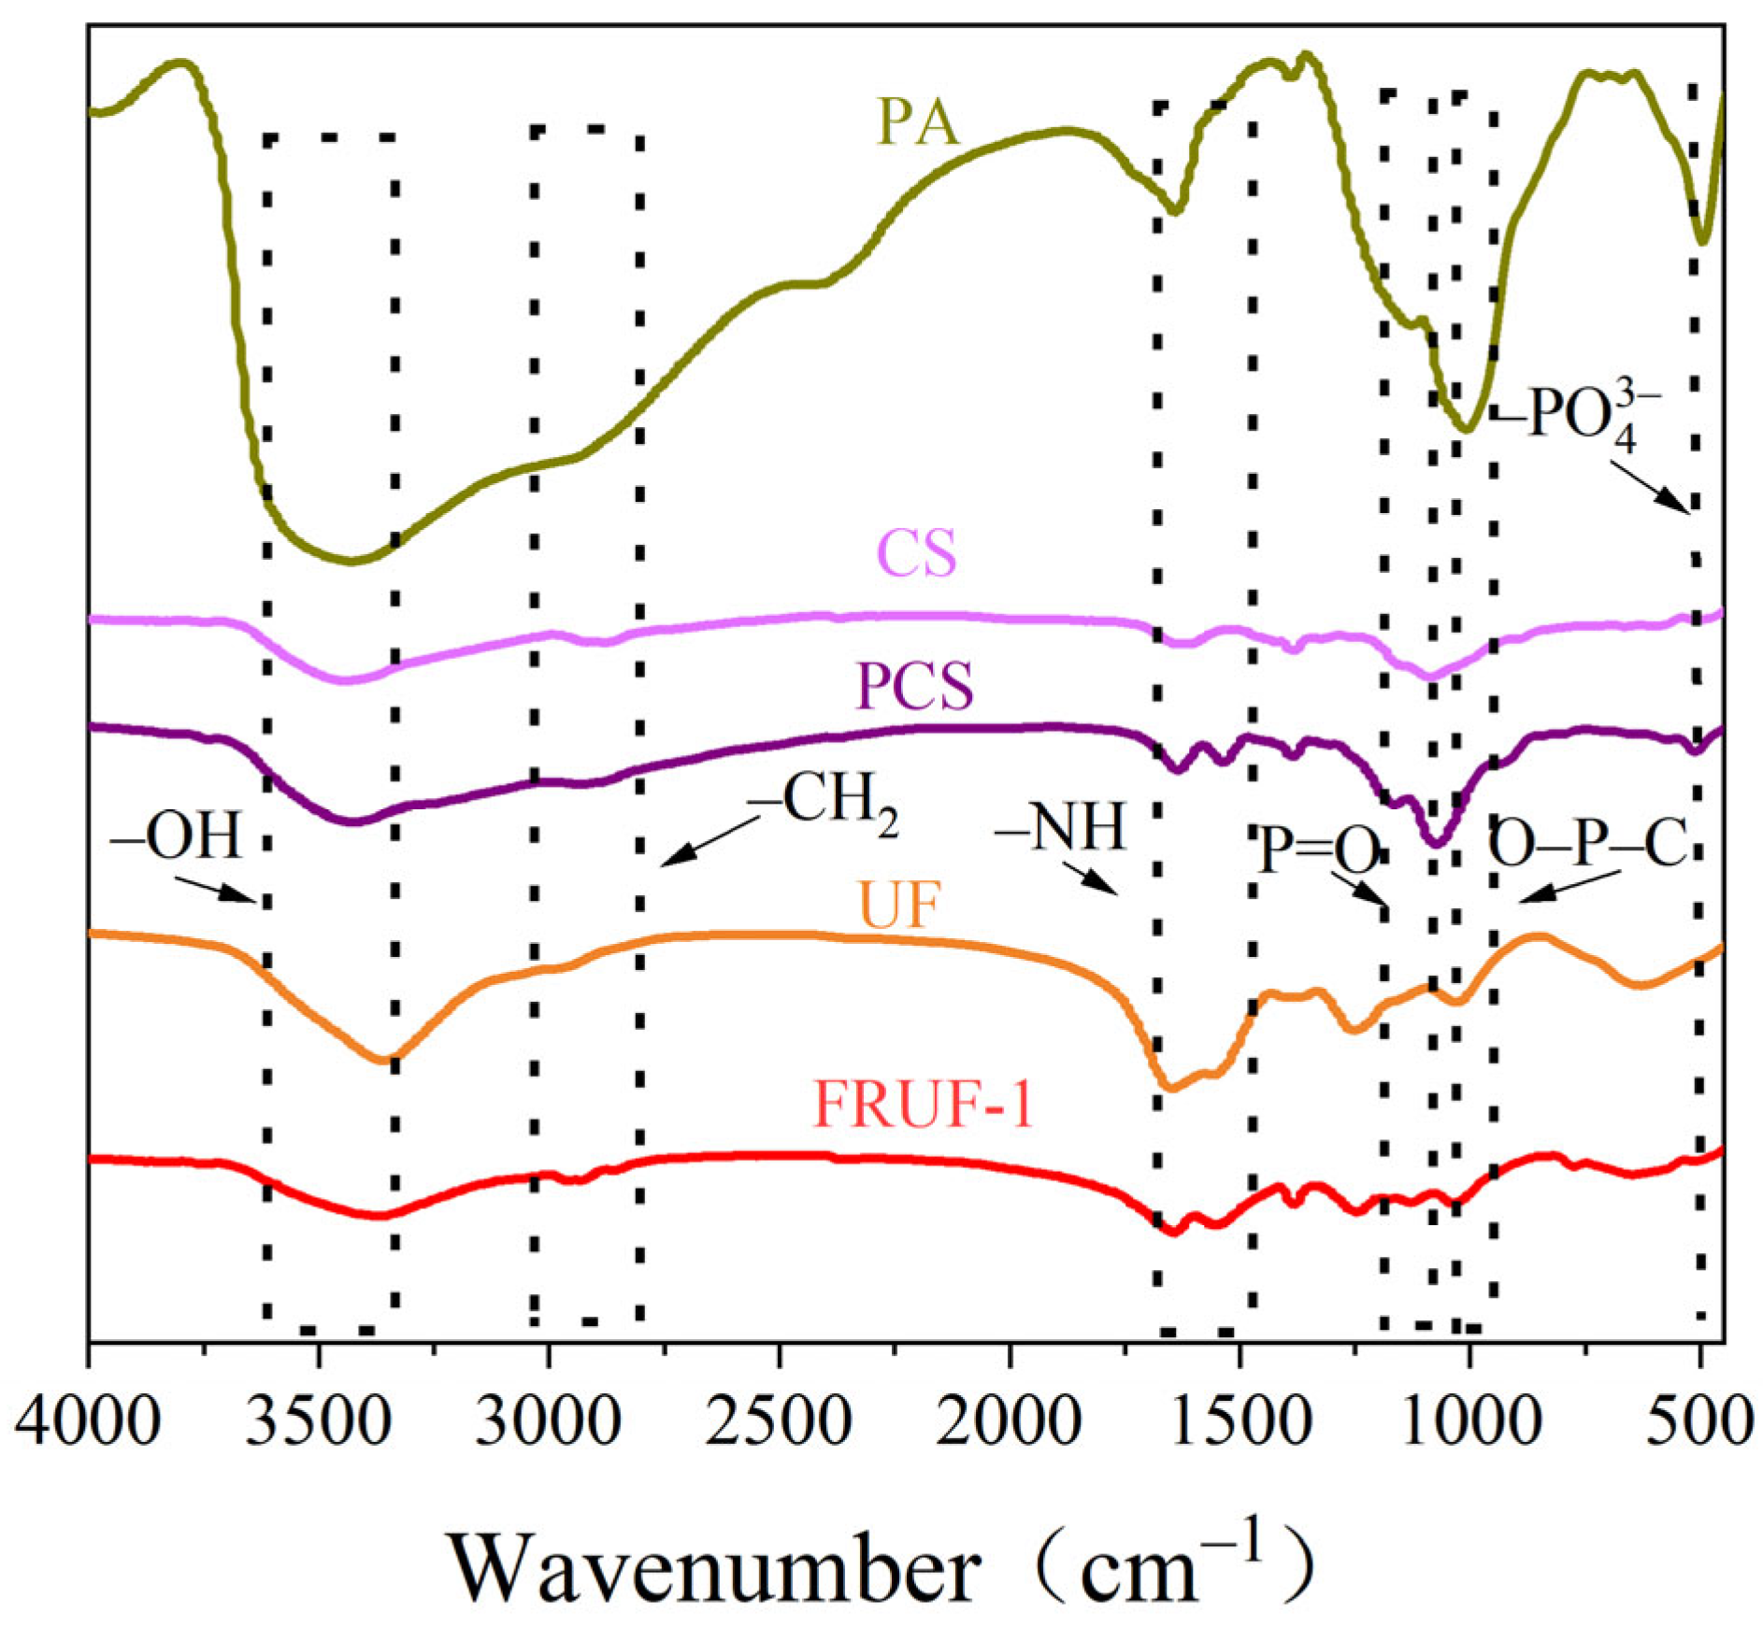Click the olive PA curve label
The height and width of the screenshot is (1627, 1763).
coord(917,122)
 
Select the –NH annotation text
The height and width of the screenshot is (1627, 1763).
coord(1060,827)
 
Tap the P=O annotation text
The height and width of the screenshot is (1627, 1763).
coord(1319,849)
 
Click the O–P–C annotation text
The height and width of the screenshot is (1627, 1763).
coord(1586,844)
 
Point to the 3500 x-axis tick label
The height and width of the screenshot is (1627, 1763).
coord(319,1423)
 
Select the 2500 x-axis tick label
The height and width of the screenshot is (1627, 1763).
coord(779,1423)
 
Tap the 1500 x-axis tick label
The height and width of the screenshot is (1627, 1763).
coord(1239,1423)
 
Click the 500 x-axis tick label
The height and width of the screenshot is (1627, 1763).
coord(1698,1423)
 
